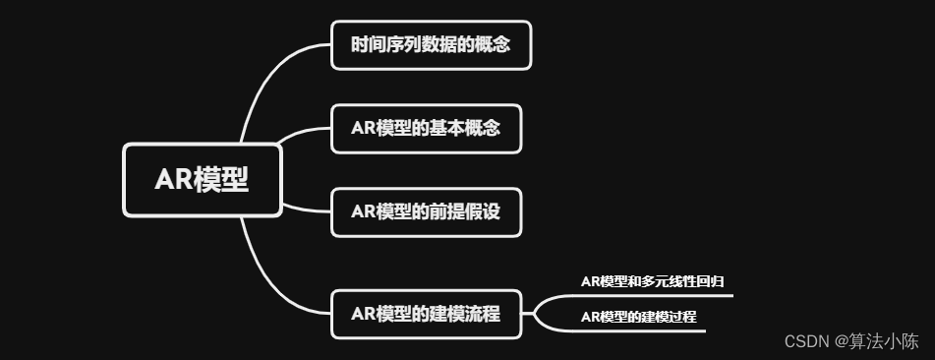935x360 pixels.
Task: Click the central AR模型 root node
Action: pos(202,180)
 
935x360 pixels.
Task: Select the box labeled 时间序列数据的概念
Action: pos(431,45)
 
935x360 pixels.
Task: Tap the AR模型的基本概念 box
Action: pos(425,129)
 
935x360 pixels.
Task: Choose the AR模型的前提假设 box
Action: pos(425,211)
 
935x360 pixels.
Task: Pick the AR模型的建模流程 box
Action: pos(425,315)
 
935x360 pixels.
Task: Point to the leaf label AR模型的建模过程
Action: pos(638,317)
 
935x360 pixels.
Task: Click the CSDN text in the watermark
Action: pos(806,341)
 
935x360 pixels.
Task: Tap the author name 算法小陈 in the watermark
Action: pos(891,341)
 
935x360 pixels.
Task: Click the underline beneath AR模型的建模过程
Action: pos(639,330)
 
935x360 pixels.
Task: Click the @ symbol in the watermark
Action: pos(842,341)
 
